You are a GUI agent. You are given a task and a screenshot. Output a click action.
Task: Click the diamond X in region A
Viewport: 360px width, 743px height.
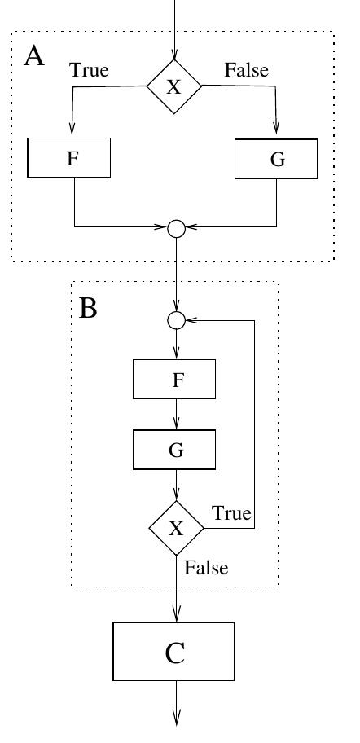click(x=173, y=87)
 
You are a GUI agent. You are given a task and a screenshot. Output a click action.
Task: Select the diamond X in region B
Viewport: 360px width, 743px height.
click(x=176, y=528)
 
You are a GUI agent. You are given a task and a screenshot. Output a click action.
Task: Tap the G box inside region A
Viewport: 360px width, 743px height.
click(x=276, y=158)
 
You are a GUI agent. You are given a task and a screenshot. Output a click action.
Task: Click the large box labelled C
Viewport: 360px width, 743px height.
click(x=173, y=652)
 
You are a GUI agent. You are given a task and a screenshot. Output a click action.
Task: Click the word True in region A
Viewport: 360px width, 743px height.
click(x=89, y=70)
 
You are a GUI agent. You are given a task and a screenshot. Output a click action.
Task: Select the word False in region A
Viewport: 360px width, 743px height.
click(x=246, y=70)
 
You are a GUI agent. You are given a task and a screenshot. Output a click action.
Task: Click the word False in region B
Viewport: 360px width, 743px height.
click(x=206, y=567)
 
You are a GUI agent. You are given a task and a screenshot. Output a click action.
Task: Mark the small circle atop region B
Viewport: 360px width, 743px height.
click(x=175, y=320)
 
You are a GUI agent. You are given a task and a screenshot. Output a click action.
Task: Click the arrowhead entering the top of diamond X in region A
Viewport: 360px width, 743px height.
click(x=173, y=54)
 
